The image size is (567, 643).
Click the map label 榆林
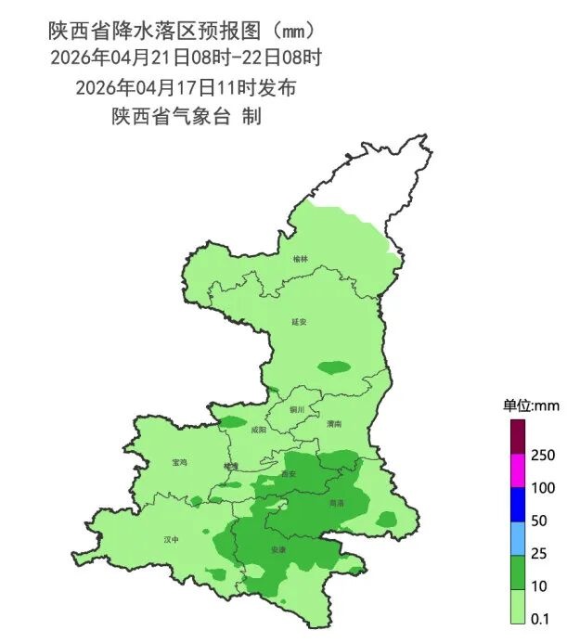pos(299,260)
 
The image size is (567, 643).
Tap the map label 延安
pos(299,322)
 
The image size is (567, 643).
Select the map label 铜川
pos(297,409)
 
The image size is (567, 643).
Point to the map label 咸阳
pos(258,431)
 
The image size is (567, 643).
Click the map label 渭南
pos(334,423)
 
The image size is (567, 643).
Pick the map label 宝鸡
pos(179,462)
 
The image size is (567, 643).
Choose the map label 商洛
pos(336,502)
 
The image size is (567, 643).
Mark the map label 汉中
pos(171,539)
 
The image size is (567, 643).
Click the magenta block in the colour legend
pos(518,471)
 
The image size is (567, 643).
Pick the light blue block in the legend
pos(518,537)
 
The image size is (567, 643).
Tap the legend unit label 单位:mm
pos(530,405)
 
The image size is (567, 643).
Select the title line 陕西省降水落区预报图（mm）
pos(187,32)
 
